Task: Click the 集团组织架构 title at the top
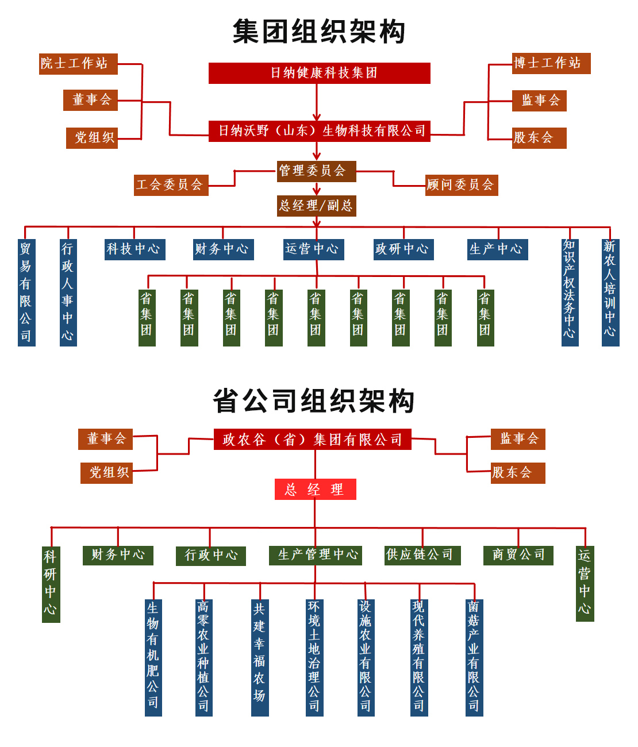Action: (319, 32)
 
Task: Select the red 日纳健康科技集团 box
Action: (319, 73)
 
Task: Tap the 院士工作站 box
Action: (78, 63)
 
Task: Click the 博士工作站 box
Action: (551, 63)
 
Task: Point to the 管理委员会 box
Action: (316, 171)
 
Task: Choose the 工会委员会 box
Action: (171, 185)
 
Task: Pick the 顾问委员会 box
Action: (461, 185)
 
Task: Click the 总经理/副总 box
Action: (316, 206)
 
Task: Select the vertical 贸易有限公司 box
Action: (26, 292)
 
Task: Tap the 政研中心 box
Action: (403, 249)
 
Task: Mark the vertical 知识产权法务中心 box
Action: (570, 292)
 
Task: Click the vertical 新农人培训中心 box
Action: (610, 292)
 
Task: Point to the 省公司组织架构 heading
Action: (314, 401)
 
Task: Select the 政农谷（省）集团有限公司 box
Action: (312, 440)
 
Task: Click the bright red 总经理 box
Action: (315, 490)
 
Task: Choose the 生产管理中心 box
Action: (315, 555)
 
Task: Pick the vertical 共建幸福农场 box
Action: (260, 657)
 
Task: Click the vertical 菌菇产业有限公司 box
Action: (474, 657)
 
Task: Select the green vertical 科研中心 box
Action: (51, 584)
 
